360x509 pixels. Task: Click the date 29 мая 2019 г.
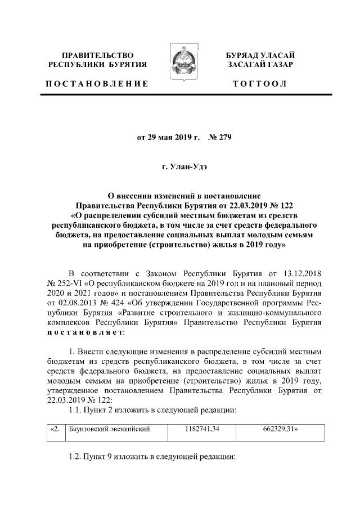pyautogui.click(x=164, y=136)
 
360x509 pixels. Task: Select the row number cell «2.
pyautogui.click(x=55, y=429)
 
